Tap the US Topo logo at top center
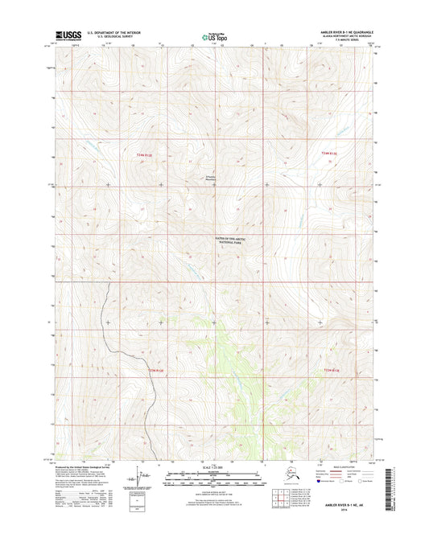[x=213, y=36]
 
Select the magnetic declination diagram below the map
[x=146, y=479]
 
